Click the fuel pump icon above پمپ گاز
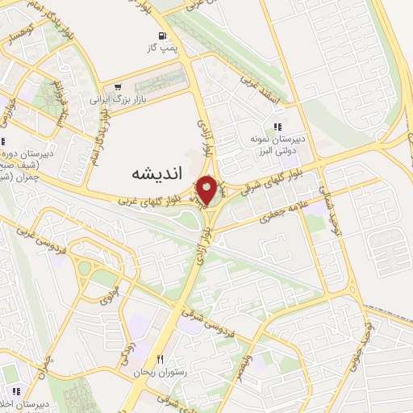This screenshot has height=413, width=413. pos(163,35)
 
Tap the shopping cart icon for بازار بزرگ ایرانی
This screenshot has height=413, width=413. pos(119,88)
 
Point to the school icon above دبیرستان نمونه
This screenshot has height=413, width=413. pos(277,127)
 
